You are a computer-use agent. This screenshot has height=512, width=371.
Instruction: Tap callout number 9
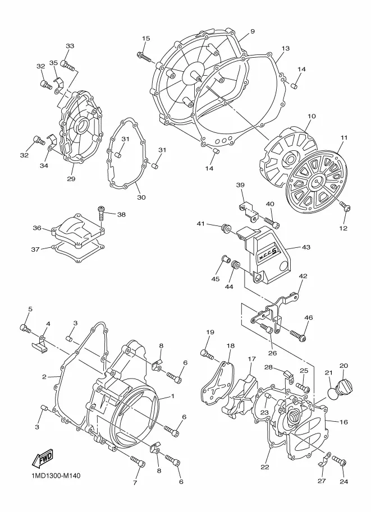tap(253, 31)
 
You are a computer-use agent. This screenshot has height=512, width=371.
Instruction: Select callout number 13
tap(285, 48)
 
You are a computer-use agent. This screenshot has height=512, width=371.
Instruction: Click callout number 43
tap(306, 247)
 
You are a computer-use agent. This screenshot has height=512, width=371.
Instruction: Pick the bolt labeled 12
tap(345, 206)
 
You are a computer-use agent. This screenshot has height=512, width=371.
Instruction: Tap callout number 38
tap(121, 215)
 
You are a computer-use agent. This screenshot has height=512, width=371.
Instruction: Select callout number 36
tap(37, 228)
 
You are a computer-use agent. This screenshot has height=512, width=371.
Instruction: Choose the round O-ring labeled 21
tap(332, 391)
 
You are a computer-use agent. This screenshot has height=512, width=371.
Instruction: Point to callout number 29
tap(71, 179)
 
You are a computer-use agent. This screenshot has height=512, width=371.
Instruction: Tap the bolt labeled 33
tap(68, 65)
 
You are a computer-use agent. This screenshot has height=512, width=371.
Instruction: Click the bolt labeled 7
tap(138, 462)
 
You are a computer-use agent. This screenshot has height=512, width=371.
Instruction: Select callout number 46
tap(309, 317)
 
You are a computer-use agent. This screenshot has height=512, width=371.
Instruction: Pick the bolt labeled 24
tap(340, 460)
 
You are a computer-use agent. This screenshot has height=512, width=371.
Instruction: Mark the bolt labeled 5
tap(25, 329)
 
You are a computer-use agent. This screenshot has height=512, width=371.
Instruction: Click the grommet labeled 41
tap(225, 228)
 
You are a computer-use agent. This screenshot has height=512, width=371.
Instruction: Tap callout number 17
tap(251, 358)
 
